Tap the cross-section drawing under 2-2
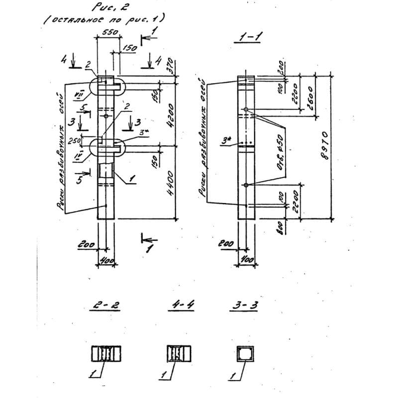point(105,354)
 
